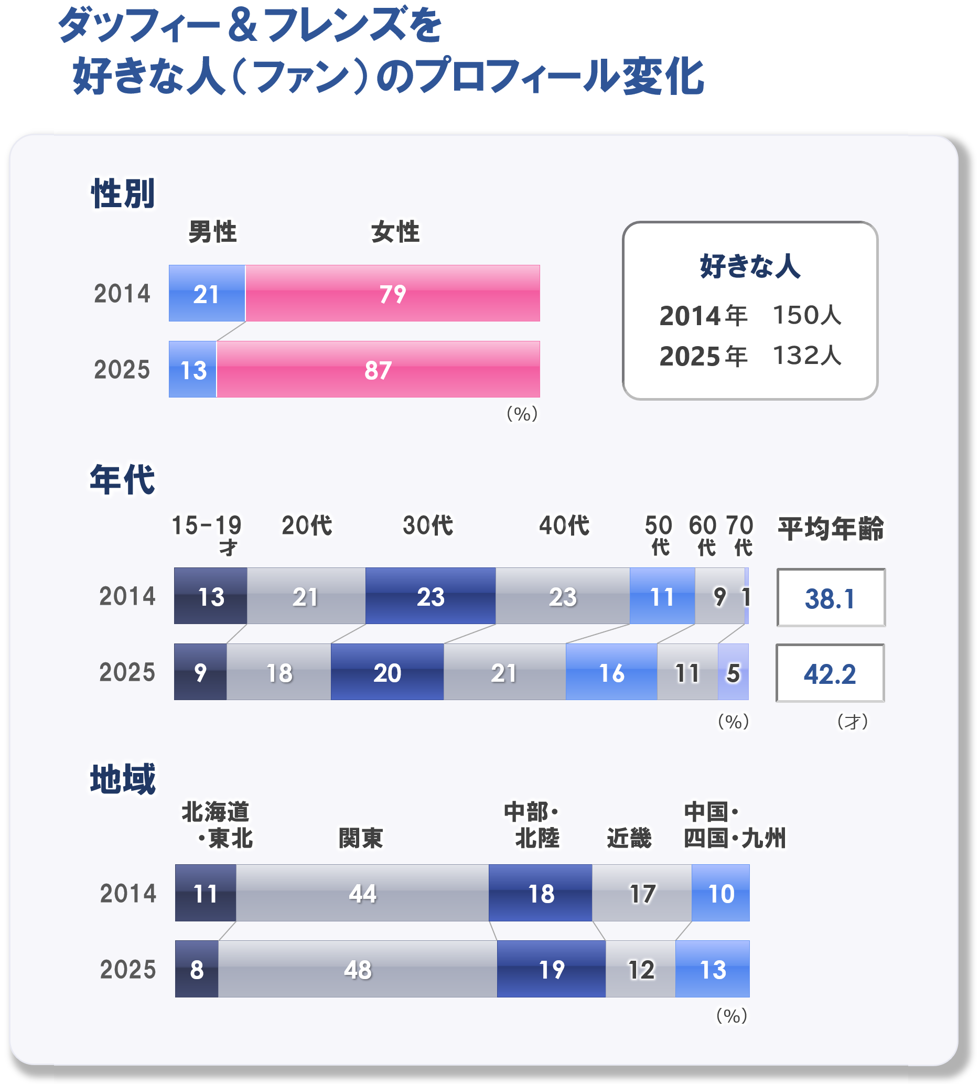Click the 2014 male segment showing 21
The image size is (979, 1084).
pos(207,294)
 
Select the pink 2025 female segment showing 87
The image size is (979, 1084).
pos(378,369)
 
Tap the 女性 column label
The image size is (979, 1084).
pos(395,232)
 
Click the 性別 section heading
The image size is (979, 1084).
pos(123,194)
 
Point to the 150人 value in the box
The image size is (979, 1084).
pos(806,315)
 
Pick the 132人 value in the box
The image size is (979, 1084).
pos(806,356)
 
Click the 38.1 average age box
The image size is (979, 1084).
pos(830,598)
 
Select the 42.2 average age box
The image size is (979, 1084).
pos(830,673)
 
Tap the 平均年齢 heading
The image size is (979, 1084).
pos(831,528)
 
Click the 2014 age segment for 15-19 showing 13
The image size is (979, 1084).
pos(211,596)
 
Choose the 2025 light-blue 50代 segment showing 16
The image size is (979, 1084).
pos(611,672)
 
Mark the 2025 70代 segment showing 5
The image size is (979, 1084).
pos(733,672)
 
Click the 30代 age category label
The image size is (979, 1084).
pos(428,525)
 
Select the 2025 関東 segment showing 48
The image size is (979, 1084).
pos(358,969)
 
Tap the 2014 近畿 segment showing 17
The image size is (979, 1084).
pos(642,893)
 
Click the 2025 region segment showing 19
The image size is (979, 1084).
pos(551,969)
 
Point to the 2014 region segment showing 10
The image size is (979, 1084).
pos(720,893)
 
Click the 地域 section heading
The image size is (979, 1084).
pos(123,779)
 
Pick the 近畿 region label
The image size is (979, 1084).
pos(629,838)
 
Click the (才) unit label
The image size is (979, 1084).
pos(853,722)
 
